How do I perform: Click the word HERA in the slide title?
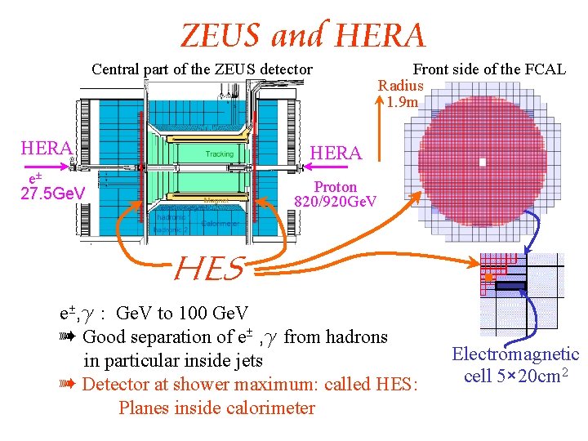381,36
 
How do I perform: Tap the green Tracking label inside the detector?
219,154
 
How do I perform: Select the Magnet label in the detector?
216,199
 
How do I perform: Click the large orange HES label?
210,268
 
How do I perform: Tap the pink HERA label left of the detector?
47,148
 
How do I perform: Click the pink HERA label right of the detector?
336,153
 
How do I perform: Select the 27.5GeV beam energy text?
52,194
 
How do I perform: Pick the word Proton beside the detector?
336,187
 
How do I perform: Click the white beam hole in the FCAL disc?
483,162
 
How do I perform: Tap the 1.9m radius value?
403,102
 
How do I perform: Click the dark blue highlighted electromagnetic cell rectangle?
510,286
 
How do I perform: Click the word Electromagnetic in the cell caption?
516,354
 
